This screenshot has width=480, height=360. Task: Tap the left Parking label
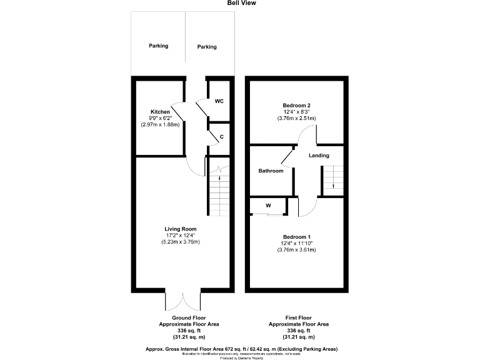click(x=158, y=46)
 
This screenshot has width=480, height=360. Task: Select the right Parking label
click(x=207, y=47)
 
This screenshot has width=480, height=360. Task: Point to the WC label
click(x=219, y=101)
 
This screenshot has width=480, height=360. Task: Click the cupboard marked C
click(x=221, y=136)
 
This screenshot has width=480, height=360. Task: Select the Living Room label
click(x=181, y=229)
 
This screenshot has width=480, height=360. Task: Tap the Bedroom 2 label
click(x=296, y=105)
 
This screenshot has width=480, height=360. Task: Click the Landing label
click(x=319, y=156)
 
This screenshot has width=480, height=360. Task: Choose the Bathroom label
click(x=271, y=171)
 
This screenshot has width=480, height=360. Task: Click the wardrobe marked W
click(x=268, y=205)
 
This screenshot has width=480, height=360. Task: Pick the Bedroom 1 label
click(x=296, y=237)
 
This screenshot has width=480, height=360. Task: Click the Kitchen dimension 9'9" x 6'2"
click(x=160, y=118)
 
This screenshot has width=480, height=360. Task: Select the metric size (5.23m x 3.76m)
click(x=181, y=242)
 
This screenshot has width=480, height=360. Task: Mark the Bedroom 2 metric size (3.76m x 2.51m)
click(x=296, y=118)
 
